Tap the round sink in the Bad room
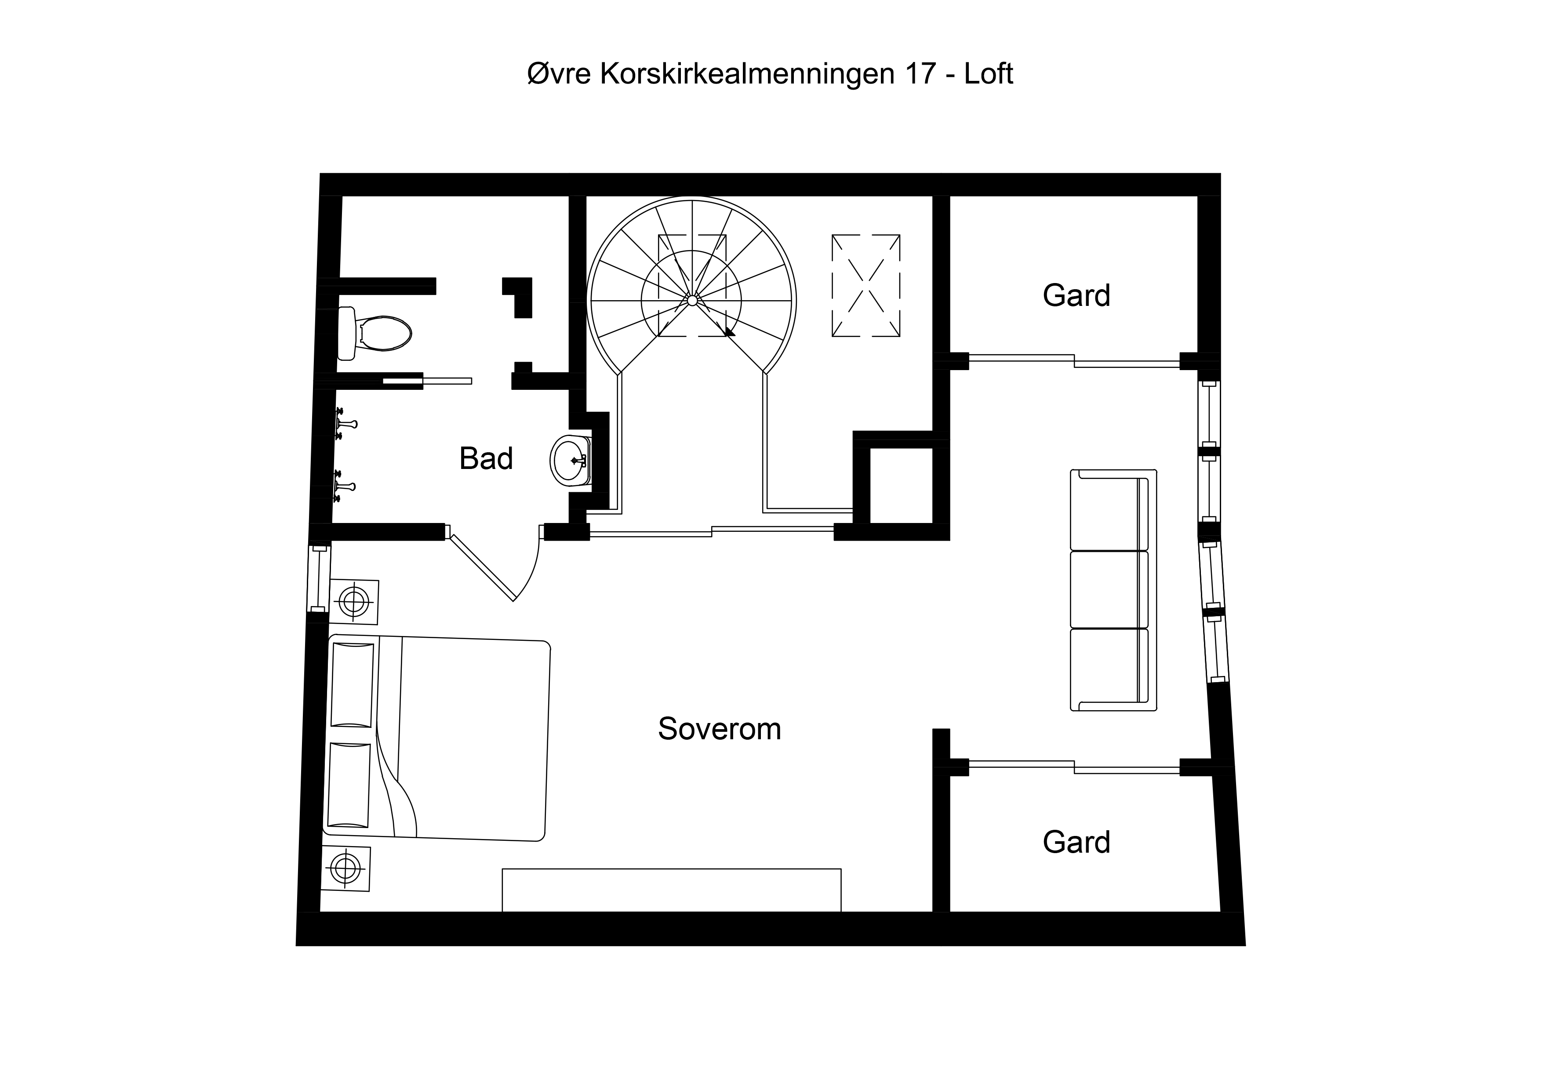(570, 460)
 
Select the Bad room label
(486, 459)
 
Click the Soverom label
(719, 729)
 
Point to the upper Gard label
(1076, 295)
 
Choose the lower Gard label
(1076, 842)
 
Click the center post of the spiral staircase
(692, 300)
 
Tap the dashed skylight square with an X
(866, 285)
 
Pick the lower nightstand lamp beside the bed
(345, 868)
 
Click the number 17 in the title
(920, 74)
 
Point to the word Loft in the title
(988, 74)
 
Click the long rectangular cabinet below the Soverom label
(672, 890)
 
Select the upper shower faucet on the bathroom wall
(346, 424)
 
